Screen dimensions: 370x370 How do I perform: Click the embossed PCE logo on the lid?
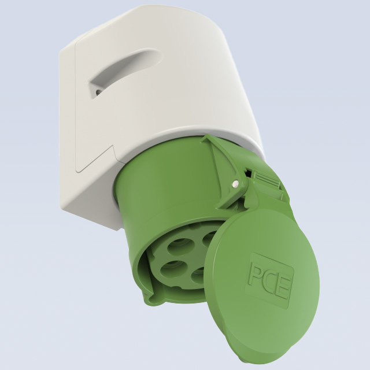tap(269, 281)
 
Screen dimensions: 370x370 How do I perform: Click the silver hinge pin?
tap(235, 183)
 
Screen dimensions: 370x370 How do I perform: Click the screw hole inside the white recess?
tap(98, 91)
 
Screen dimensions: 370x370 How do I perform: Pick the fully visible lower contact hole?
tap(173, 268)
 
